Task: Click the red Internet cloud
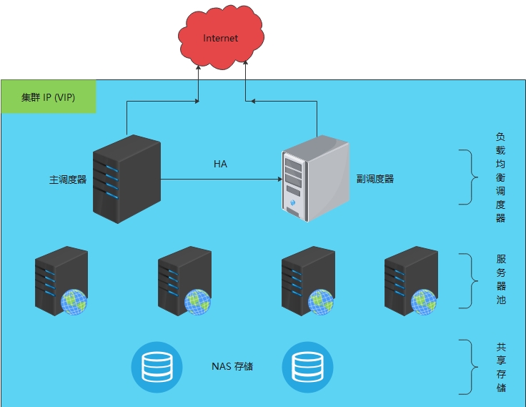[221, 39]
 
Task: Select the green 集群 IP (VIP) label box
[49, 97]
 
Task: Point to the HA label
[220, 165]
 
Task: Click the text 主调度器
[68, 180]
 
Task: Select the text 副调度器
[375, 179]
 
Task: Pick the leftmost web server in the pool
[61, 280]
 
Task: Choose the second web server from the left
[184, 280]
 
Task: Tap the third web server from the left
[308, 280]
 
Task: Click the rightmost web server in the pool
[410, 280]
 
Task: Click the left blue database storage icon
[153, 367]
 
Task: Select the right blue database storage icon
[308, 367]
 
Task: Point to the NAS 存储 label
[232, 367]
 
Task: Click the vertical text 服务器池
[500, 280]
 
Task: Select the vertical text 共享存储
[500, 367]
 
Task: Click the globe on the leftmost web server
[74, 302]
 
